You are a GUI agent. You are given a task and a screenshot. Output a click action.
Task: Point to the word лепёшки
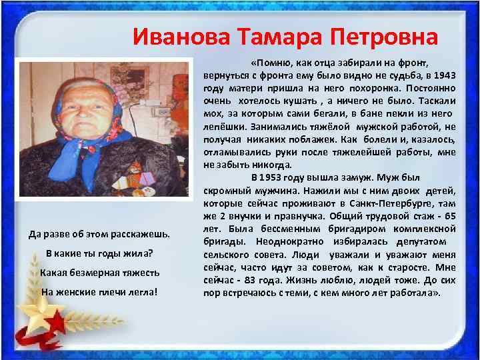click(223, 126)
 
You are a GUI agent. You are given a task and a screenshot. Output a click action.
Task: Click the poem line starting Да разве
click(100, 235)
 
